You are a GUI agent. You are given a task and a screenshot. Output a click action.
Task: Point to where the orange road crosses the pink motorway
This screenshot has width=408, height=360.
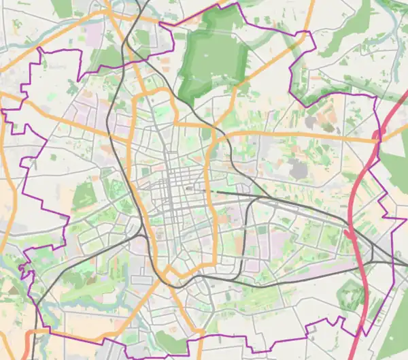(375, 139)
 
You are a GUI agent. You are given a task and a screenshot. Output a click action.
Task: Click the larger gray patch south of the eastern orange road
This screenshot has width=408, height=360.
(297, 169)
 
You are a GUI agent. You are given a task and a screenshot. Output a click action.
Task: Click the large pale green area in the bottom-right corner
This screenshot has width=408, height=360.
(391, 320)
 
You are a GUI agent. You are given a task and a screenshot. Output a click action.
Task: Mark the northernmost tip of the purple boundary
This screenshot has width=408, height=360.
(238, 3)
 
